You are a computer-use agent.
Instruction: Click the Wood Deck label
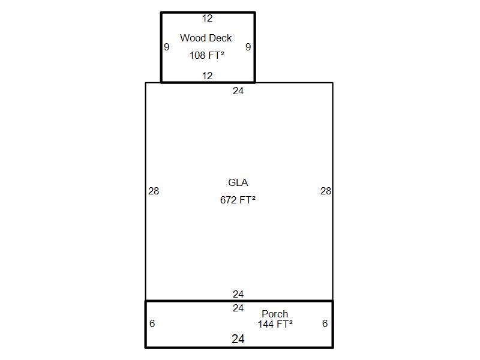pos(206,38)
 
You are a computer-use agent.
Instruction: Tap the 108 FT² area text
pos(207,55)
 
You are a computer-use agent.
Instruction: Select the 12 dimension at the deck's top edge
pos(207,19)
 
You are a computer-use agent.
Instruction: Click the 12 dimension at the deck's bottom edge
pos(207,76)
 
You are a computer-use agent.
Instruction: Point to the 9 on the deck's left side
pos(167,47)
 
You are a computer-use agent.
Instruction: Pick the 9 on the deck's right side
pos(248,47)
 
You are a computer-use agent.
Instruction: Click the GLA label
pos(238,182)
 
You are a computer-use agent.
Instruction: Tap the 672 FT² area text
pos(238,200)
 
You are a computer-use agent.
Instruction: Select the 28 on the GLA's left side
pos(154,191)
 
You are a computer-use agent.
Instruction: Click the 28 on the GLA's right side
pos(326,191)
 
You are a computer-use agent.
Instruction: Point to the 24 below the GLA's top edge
pos(238,91)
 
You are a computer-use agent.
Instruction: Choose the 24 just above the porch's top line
pos(238,294)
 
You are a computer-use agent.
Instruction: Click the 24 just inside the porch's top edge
pos(238,308)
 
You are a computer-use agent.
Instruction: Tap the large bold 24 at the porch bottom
pos(238,339)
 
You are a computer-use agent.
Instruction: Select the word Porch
pos(275,314)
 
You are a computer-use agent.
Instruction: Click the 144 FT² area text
pos(275,324)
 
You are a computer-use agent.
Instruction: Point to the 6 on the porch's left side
pos(152,323)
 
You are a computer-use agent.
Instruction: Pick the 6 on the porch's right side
pos(325,323)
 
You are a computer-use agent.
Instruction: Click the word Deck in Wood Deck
pos(220,38)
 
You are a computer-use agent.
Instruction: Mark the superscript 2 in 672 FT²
pos(253,198)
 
